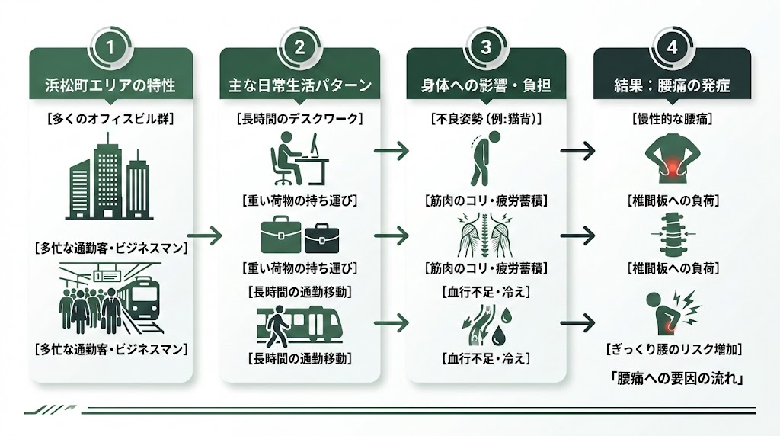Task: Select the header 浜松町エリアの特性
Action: point(110,85)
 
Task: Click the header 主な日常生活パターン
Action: point(299,85)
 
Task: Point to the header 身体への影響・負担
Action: point(486,85)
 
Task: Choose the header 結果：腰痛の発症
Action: point(672,85)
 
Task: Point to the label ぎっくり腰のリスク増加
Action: point(672,349)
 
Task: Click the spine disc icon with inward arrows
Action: point(671,234)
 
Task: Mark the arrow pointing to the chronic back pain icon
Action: point(577,151)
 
